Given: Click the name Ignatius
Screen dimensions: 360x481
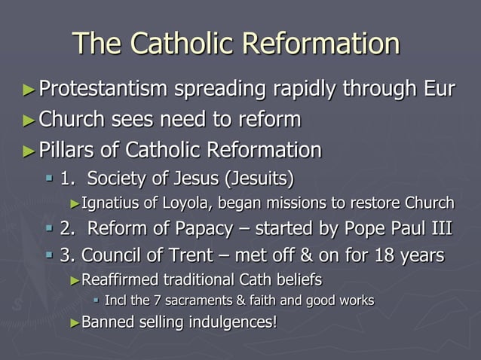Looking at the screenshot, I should (x=110, y=203).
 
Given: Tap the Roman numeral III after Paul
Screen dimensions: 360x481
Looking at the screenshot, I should (x=439, y=228).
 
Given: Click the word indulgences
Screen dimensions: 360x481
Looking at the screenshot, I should (x=234, y=323).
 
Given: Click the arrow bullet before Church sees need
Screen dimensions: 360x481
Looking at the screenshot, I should (x=29, y=121).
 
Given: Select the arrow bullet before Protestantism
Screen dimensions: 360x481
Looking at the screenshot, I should (x=29, y=90).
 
